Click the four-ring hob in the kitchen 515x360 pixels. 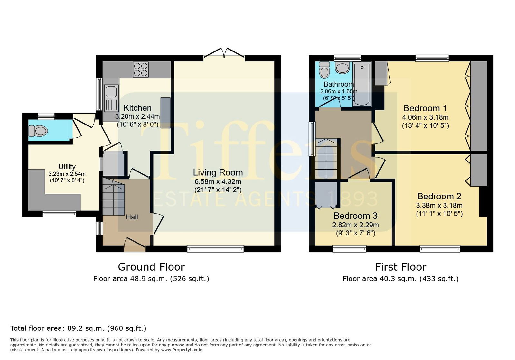[141, 69]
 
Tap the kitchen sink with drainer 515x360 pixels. [111, 98]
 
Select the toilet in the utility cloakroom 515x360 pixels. [38, 131]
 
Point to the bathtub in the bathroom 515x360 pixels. [362, 85]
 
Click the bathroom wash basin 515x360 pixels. [342, 68]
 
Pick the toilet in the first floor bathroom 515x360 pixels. [324, 70]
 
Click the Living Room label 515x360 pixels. [218, 172]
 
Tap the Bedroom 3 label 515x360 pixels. [355, 216]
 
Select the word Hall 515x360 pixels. [132, 217]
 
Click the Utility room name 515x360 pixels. [67, 167]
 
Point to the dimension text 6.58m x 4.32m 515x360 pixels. [218, 181]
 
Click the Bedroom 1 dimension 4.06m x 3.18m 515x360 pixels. [425, 117]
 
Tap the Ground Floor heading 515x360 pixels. [151, 267]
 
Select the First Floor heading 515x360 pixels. [401, 267]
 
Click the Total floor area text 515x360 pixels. [78, 328]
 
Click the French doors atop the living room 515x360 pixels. [224, 53]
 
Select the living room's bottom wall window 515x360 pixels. [215, 249]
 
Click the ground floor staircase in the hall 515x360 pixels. [114, 197]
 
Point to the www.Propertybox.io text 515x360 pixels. [182, 350]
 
